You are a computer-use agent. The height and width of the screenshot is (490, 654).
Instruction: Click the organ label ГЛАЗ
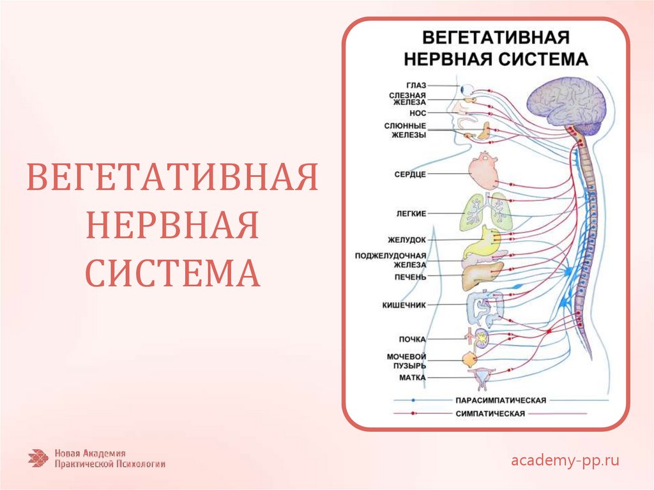click(x=415, y=85)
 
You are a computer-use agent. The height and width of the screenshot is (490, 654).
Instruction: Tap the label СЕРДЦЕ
click(x=410, y=174)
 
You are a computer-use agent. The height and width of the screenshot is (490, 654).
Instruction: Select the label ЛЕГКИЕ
click(x=411, y=213)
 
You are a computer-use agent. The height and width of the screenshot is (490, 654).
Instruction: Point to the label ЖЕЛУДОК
click(x=407, y=240)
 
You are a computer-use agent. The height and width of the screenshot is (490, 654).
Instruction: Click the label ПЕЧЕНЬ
click(x=410, y=277)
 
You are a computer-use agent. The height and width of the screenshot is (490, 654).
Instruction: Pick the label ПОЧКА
click(x=413, y=339)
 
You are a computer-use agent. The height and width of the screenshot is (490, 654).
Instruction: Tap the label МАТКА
click(x=413, y=378)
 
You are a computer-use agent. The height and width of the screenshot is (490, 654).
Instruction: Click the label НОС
click(x=418, y=112)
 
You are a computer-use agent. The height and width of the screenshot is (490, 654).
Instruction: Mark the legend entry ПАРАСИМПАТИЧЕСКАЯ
click(x=500, y=400)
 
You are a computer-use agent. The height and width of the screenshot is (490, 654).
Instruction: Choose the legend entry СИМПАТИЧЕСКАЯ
click(x=490, y=413)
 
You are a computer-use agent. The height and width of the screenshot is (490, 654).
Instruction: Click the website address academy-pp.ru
click(x=565, y=460)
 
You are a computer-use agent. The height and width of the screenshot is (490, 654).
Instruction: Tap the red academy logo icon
click(x=38, y=458)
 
